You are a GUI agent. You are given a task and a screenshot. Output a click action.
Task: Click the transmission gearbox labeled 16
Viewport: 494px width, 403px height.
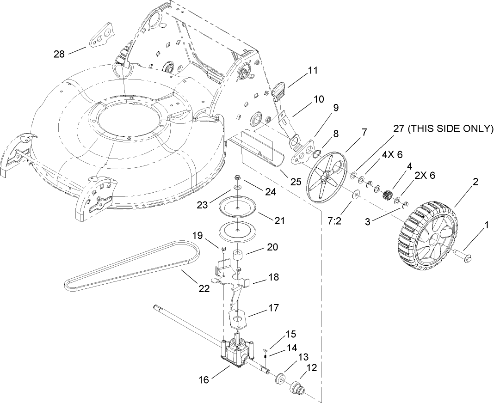[235, 353]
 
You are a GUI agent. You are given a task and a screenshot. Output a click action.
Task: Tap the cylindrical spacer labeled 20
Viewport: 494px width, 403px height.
[239, 256]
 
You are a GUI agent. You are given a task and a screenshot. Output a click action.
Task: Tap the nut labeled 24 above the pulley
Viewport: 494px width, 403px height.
[237, 177]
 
